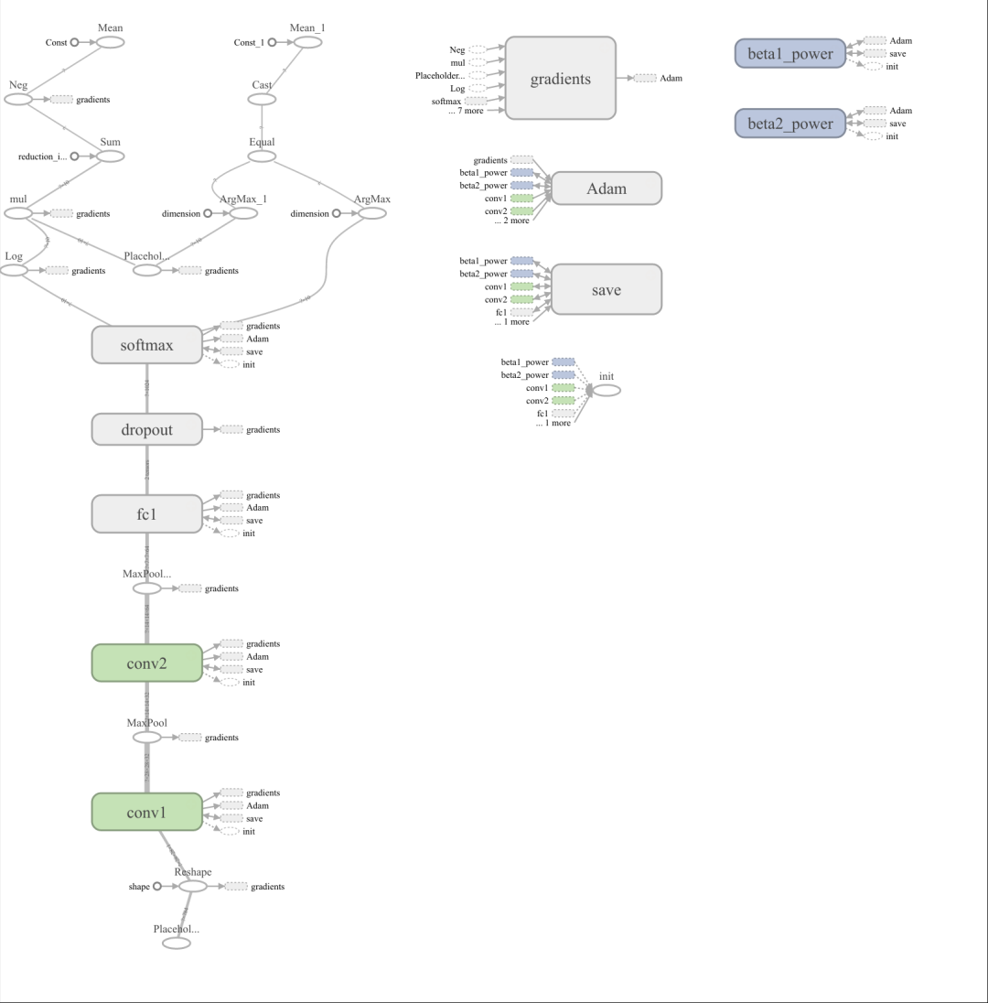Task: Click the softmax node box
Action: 146,345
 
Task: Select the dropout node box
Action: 146,429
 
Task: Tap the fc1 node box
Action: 146,513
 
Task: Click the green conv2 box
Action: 146,663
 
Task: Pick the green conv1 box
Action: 146,812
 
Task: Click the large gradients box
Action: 561,78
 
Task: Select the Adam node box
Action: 607,189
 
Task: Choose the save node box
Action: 607,289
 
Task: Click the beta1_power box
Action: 790,54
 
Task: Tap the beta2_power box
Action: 790,124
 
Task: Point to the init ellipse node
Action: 606,390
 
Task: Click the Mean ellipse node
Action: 110,42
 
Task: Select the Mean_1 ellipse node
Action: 307,42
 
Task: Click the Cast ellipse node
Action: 263,99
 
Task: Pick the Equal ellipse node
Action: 263,156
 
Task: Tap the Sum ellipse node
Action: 110,156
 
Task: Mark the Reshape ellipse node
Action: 193,886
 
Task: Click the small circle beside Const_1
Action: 272,42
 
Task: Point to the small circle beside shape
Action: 157,886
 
